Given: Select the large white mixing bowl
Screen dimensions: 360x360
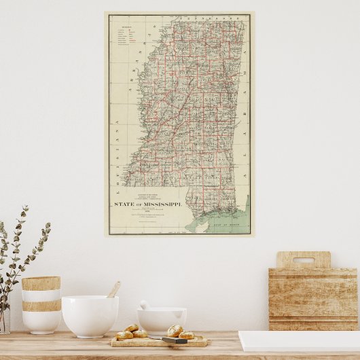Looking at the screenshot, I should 90,316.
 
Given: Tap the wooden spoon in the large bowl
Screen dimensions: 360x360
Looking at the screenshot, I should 113,290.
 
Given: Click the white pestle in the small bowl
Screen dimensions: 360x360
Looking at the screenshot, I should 145,305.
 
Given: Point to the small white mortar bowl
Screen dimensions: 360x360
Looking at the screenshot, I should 162,320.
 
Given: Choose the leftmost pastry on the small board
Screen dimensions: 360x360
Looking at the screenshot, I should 124,335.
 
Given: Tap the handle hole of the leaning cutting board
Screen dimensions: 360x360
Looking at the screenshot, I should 303,259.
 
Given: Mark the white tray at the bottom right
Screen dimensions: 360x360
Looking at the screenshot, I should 299,342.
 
